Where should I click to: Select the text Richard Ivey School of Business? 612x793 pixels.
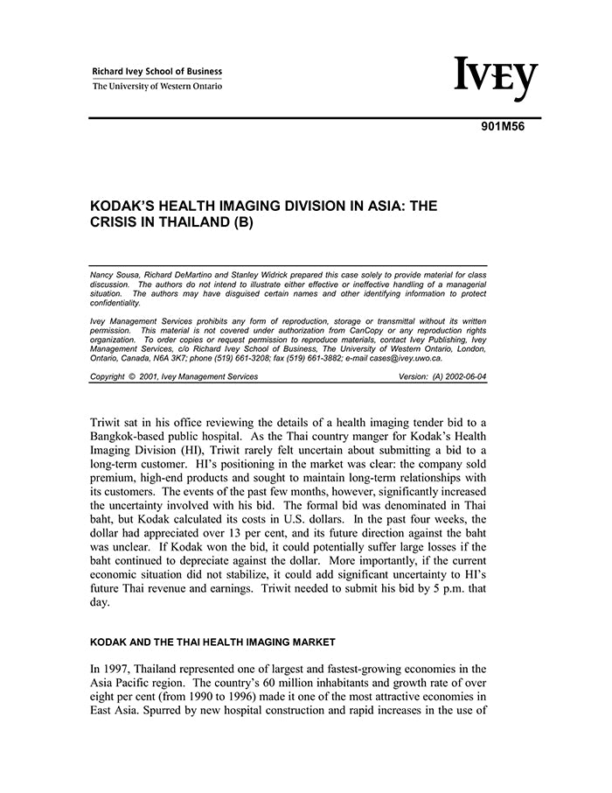click(157, 72)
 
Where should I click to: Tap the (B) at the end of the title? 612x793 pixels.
click(241, 222)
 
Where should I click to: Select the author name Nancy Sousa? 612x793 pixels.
click(115, 275)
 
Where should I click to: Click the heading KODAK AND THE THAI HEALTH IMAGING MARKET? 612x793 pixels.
click(213, 642)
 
